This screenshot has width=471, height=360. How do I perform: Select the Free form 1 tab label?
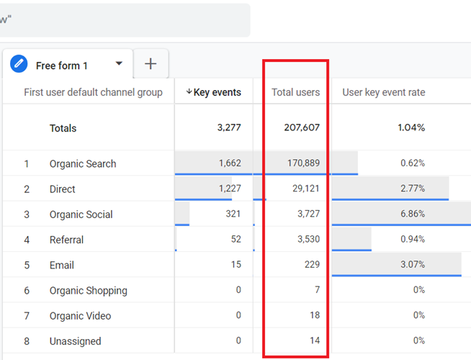click(x=62, y=66)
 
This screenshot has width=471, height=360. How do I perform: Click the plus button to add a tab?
click(x=151, y=64)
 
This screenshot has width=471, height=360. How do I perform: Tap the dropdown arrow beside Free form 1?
click(x=119, y=64)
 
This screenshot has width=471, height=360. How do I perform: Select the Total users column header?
click(x=295, y=92)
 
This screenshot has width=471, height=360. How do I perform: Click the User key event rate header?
click(x=383, y=92)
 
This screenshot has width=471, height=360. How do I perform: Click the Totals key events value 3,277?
click(x=229, y=128)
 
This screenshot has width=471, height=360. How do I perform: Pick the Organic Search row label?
click(x=83, y=163)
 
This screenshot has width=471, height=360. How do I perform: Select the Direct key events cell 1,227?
click(x=229, y=189)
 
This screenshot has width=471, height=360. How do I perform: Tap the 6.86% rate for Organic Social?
click(x=412, y=215)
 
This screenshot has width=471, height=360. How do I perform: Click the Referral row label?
click(x=66, y=240)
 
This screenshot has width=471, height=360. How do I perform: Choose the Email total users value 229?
click(x=311, y=265)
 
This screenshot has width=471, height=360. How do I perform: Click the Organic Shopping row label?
click(x=88, y=291)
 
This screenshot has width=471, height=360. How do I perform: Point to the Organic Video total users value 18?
click(x=314, y=316)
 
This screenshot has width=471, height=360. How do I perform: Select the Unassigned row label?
click(x=75, y=341)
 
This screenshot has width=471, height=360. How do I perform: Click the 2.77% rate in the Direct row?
click(x=412, y=189)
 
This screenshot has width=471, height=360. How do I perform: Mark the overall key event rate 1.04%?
click(x=411, y=128)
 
